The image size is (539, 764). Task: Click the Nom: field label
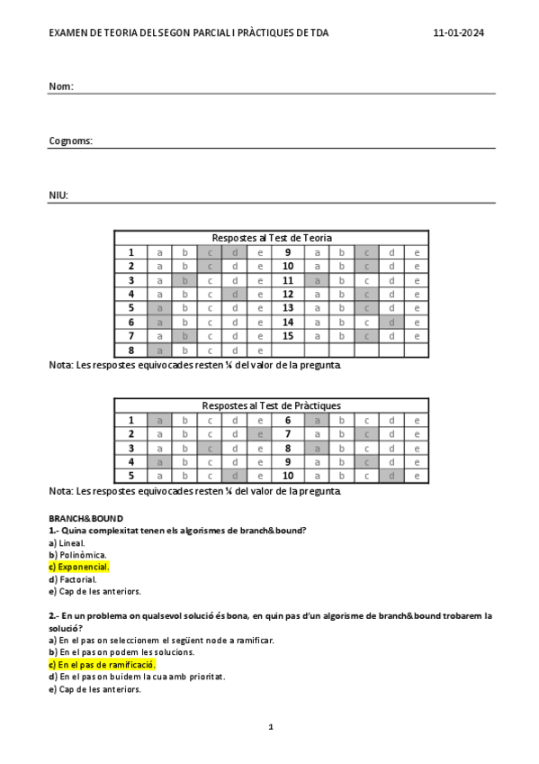[x=60, y=86]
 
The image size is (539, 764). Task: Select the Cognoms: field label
[x=70, y=141]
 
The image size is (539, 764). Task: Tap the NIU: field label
[x=58, y=196]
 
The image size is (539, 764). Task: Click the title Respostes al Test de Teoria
[x=271, y=238]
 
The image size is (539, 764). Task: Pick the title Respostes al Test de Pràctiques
[x=271, y=405]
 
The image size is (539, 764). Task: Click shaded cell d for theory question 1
[x=234, y=253]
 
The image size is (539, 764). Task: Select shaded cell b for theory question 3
[x=184, y=280]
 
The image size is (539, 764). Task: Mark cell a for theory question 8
[x=160, y=350]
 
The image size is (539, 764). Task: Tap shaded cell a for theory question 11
[x=317, y=280]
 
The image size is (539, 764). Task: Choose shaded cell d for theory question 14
[x=391, y=323]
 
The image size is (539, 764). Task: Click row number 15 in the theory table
[x=288, y=336]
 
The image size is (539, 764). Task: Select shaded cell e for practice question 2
[x=260, y=434]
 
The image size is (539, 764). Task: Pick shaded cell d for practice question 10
[x=391, y=476]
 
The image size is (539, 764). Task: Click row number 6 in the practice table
[x=288, y=420]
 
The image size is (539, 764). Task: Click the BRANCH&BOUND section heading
[x=85, y=519]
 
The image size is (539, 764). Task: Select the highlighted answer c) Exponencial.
[x=79, y=568]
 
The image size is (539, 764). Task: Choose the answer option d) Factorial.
[x=73, y=579]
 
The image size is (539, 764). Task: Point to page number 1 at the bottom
[x=270, y=726]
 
